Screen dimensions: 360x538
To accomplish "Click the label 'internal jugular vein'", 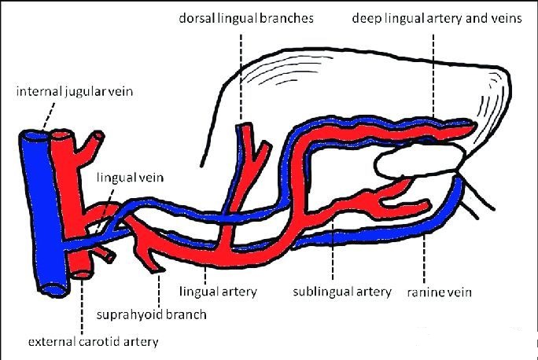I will (75, 93).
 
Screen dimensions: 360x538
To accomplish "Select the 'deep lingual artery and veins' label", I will (437, 17).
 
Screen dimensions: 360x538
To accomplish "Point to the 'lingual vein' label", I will (130, 178).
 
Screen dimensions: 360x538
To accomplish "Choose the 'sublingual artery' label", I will (341, 292).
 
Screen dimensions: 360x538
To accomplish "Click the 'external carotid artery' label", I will (93, 342).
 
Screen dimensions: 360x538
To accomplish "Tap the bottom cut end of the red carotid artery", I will (81, 276).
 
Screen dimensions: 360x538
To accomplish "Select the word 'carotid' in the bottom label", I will (101, 342).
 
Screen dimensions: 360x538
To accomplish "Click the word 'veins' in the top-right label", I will (503, 17).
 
